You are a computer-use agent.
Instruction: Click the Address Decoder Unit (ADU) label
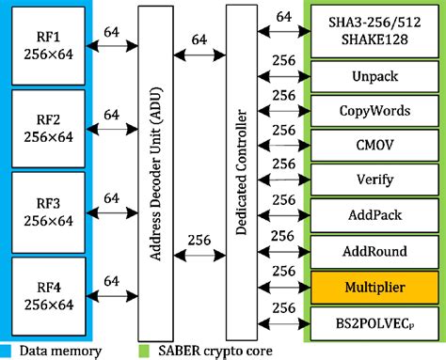[x=155, y=169]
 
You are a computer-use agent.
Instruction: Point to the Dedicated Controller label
[x=242, y=169]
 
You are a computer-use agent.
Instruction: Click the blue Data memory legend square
[x=8, y=351]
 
